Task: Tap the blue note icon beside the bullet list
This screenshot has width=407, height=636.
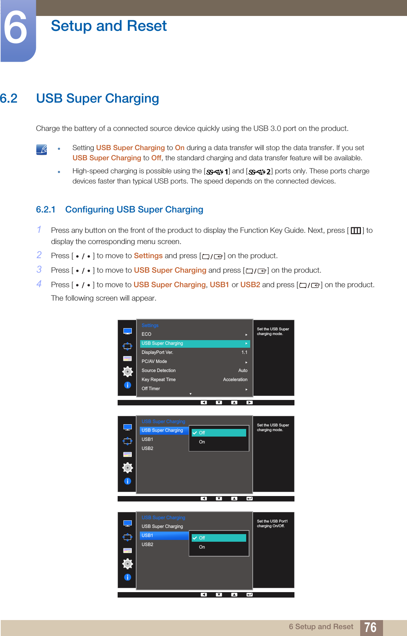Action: coord(42,149)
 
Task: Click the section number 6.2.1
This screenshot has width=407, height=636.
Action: coord(46,210)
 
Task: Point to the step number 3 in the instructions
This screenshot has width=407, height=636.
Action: coord(39,269)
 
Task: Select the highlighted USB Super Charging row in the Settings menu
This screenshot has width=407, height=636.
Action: coord(195,343)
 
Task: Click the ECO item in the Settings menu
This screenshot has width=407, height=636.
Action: coord(147,334)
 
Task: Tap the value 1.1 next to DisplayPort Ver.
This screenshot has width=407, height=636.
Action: coord(244,352)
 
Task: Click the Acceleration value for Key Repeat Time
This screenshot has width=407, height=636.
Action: coord(235,380)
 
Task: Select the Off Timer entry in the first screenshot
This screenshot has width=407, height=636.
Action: coord(151,389)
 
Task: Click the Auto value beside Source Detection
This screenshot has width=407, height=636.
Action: coord(243,371)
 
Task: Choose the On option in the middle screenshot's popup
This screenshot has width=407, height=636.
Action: coord(202,442)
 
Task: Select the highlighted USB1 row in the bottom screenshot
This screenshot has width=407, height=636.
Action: coord(164,536)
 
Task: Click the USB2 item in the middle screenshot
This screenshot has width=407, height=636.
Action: coord(147,449)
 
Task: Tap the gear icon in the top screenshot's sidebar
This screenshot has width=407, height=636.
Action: coord(127,372)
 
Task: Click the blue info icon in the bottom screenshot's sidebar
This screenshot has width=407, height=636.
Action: coord(127,577)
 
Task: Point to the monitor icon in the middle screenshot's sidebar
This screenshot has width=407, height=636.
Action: coord(127,427)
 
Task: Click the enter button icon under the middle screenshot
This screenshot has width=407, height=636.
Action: coord(249,499)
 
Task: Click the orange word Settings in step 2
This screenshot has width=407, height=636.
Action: coord(148,256)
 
